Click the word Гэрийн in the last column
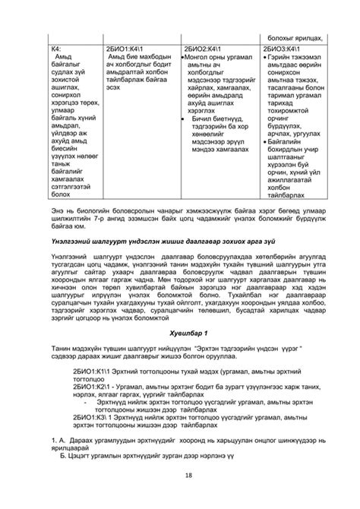click(279, 57)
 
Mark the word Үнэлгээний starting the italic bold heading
click(58, 239)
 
